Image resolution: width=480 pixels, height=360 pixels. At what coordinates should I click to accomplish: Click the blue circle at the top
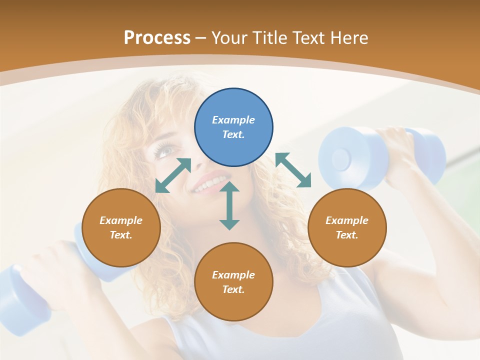click(233, 127)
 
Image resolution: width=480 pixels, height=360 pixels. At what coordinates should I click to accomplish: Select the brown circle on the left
click(121, 227)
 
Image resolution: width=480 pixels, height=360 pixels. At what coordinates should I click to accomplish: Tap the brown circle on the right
click(347, 227)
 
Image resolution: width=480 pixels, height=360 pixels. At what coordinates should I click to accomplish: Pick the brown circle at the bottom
click(233, 282)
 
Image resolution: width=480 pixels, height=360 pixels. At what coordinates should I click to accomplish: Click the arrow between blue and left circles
click(173, 175)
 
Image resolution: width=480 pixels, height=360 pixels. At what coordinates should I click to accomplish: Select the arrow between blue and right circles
click(293, 170)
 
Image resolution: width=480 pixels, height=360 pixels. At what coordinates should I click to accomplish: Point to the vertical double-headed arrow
click(229, 205)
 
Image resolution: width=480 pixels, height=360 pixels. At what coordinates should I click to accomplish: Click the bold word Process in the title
click(157, 37)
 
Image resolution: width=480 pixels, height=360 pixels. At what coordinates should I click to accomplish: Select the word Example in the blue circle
click(233, 120)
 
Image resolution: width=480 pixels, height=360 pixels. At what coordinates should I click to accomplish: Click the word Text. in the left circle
click(121, 235)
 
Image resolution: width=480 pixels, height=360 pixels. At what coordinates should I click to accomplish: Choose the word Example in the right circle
click(347, 220)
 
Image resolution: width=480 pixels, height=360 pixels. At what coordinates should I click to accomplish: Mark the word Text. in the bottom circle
click(233, 289)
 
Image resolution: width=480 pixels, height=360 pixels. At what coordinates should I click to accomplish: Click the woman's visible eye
click(164, 149)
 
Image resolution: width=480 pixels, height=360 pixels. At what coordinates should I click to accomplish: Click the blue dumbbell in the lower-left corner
click(25, 295)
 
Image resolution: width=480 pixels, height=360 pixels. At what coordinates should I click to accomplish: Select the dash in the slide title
click(201, 38)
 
